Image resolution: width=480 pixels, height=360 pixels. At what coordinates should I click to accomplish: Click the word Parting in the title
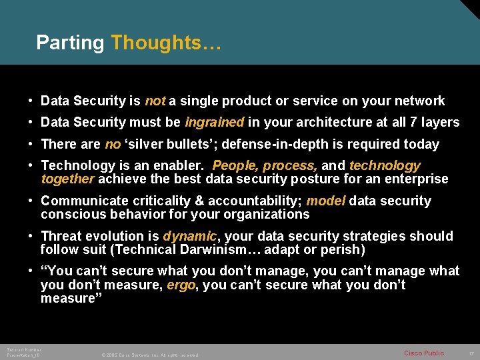[x=70, y=43]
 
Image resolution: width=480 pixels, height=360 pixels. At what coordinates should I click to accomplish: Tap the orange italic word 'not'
[x=155, y=101]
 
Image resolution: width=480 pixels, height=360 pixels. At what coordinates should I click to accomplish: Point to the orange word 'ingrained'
[x=214, y=123]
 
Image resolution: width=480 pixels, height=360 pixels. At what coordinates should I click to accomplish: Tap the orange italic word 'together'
[x=68, y=179]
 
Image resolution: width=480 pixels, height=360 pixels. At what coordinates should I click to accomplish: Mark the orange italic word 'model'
[x=325, y=201]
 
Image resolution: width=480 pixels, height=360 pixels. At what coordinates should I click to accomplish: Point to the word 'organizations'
[x=267, y=215]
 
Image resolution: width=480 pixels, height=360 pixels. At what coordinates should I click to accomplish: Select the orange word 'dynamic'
[x=190, y=237]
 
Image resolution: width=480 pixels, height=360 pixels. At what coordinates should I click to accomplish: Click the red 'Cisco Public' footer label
[x=424, y=353]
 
